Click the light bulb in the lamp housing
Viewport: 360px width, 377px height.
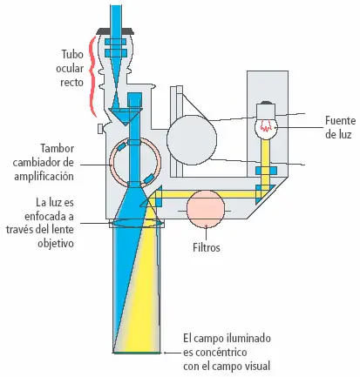(x=266, y=121)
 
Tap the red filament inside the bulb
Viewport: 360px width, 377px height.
(x=265, y=125)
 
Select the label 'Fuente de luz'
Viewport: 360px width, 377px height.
(x=340, y=127)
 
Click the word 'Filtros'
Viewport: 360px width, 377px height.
(x=207, y=247)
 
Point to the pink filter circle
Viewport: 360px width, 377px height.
(x=206, y=209)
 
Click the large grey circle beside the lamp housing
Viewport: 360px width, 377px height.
(x=192, y=140)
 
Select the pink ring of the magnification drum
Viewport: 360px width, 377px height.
(x=112, y=164)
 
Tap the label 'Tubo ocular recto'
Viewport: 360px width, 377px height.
(x=70, y=68)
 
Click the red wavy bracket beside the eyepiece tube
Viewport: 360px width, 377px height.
(x=93, y=77)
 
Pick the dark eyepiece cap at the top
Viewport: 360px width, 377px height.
(x=116, y=30)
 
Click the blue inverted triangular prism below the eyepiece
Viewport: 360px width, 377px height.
(x=126, y=115)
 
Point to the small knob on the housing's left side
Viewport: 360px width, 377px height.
(x=100, y=129)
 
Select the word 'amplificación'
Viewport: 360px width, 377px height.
(x=44, y=177)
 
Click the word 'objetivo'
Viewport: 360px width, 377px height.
(x=56, y=243)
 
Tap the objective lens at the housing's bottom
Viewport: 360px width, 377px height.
(x=136, y=223)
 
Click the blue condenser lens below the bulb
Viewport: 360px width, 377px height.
(x=266, y=171)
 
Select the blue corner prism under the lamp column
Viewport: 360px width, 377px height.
(x=263, y=194)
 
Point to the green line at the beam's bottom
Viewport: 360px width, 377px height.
(x=137, y=353)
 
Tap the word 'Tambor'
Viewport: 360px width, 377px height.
(x=57, y=148)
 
